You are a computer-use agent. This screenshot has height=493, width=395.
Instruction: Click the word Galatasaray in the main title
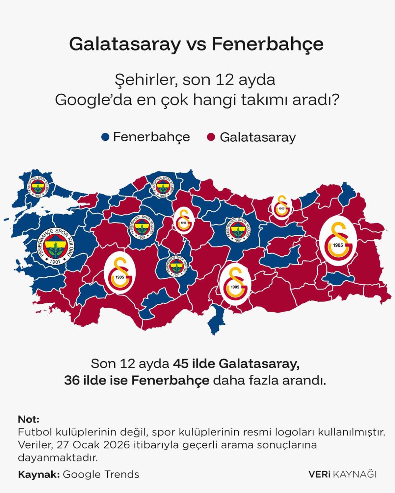pos(125,44)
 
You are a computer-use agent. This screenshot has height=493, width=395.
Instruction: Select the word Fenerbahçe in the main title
pos(267,44)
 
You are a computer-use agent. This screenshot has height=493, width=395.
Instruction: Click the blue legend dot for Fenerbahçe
pos(105,137)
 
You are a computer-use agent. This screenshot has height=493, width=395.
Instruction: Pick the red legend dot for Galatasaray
pos(211,137)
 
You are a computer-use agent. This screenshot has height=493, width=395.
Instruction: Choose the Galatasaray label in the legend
pos(258,137)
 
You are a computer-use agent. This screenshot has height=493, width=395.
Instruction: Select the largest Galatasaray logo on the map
pos(338,240)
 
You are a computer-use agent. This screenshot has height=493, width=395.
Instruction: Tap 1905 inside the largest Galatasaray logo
pos(338,245)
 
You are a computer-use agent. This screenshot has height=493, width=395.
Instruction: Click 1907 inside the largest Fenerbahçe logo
pos(55,262)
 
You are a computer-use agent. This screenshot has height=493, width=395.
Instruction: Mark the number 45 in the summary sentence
pos(180,364)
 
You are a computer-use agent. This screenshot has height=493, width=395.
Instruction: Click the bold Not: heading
pos(29,419)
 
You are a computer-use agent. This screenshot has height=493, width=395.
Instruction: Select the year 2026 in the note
pos(117,445)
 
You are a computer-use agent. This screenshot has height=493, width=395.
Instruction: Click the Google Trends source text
pos(101,474)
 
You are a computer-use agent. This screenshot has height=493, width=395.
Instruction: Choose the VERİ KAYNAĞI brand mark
pos(342,474)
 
